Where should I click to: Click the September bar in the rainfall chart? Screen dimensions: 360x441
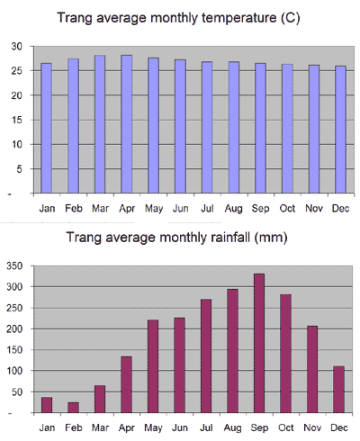(259, 343)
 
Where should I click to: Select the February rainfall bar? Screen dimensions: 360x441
(74, 408)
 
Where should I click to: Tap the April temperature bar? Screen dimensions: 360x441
(127, 124)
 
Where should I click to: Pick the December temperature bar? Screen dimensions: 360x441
(340, 130)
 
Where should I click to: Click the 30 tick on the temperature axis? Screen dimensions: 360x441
(17, 47)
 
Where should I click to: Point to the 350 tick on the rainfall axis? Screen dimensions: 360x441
(14, 266)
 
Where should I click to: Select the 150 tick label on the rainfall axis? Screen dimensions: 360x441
(14, 350)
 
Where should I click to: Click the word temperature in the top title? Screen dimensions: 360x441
(238, 18)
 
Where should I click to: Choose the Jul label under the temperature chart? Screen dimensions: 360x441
(207, 209)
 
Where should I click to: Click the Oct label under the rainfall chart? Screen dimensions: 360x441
(286, 427)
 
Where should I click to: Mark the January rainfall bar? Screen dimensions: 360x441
(47, 405)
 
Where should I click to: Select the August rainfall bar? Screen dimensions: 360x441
(232, 351)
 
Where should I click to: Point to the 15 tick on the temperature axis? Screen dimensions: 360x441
(17, 120)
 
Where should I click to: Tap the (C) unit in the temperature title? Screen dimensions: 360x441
(290, 18)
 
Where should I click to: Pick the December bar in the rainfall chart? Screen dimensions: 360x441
(339, 390)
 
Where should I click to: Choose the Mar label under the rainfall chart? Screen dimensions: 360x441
(100, 427)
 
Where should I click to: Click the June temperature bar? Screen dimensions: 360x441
(180, 126)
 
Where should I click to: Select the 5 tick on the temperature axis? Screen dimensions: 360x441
(19, 169)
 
